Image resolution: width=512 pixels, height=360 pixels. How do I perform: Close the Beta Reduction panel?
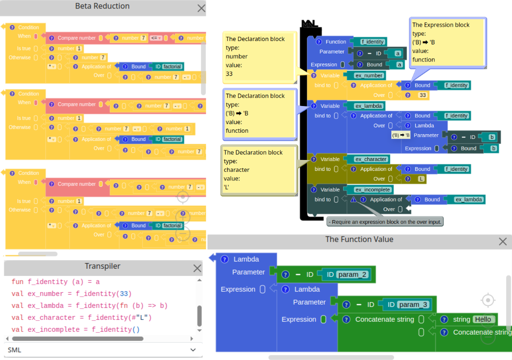point(201,8)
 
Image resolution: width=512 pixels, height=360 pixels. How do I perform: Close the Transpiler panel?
point(197,268)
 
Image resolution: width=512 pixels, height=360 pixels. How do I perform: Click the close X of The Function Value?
point(502,242)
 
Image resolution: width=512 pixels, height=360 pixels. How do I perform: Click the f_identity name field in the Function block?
point(372,42)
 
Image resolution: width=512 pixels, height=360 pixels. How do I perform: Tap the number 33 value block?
point(422,95)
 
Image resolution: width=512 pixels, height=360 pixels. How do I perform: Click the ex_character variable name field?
point(371,159)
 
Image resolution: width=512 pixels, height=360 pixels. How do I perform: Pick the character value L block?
point(420,179)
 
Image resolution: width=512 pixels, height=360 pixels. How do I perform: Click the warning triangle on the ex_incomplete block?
point(353,200)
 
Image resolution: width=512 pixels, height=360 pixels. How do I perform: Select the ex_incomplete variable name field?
point(373,190)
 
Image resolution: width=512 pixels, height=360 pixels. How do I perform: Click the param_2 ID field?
point(352,275)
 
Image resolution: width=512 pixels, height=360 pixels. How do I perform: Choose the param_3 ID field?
point(413,305)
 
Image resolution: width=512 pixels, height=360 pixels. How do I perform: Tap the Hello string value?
point(482,319)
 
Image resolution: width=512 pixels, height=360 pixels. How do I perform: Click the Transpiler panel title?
point(103,266)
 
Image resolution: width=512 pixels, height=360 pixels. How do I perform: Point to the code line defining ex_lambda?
point(90,306)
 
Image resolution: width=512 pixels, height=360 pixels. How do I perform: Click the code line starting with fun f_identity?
point(56,282)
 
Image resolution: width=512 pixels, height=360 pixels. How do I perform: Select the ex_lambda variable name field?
point(369,106)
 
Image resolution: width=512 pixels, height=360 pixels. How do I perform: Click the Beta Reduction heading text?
point(103,6)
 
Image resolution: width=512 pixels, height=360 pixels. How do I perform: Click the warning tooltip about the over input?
point(385,222)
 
